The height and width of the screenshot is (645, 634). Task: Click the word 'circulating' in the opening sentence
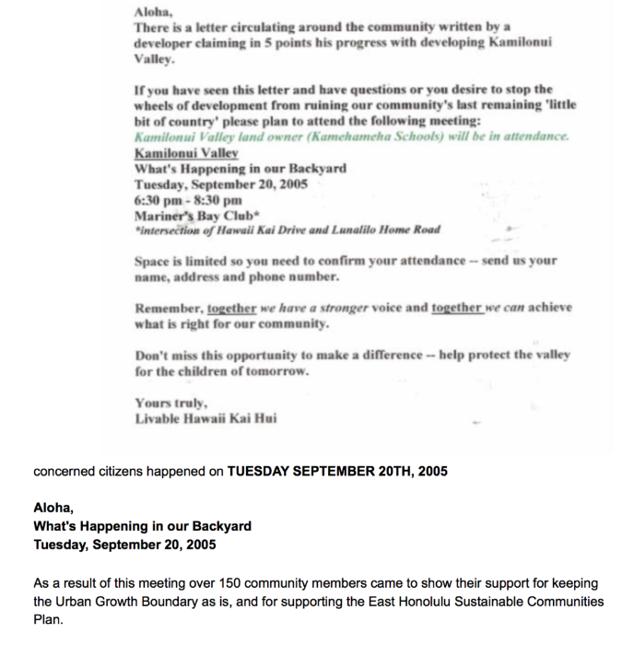tap(276, 29)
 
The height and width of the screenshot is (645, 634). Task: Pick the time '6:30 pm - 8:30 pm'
tap(188, 199)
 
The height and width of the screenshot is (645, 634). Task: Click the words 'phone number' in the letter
tap(300, 276)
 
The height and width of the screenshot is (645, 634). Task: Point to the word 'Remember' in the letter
tap(168, 308)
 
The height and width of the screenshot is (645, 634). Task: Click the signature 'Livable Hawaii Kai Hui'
tap(205, 419)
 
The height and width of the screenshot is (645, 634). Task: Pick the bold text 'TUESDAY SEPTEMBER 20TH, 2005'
tap(337, 471)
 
